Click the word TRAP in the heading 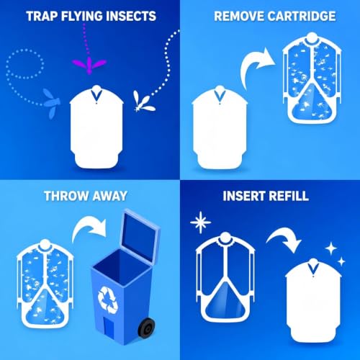click(42, 17)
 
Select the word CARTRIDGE click(302, 17)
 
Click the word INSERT click(243, 196)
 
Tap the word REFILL click(288, 196)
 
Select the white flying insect click(143, 102)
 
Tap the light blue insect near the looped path click(52, 103)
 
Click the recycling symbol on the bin click(108, 300)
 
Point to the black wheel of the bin click(145, 328)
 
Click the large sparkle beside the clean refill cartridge click(201, 222)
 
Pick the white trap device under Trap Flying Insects click(96, 127)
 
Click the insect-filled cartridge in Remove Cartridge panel click(312, 78)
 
